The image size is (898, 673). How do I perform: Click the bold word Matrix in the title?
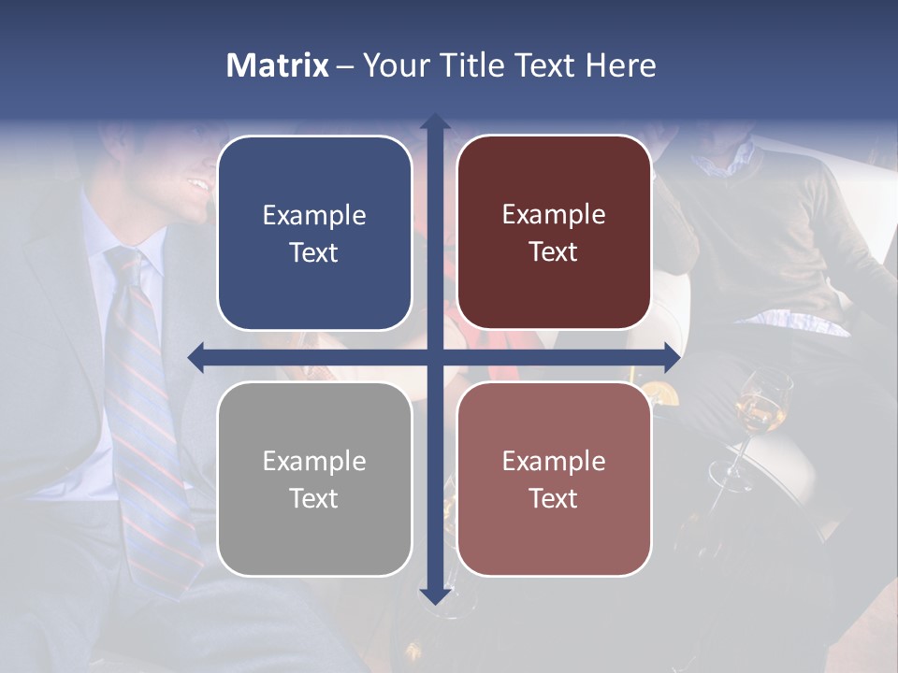(x=278, y=65)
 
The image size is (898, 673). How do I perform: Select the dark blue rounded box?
(x=314, y=233)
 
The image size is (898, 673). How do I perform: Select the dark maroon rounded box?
(x=554, y=233)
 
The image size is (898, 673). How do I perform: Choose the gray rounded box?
(x=314, y=479)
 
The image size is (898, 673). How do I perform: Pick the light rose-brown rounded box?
(x=554, y=479)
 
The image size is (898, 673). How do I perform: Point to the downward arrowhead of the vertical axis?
(x=434, y=595)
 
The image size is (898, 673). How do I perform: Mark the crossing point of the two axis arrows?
(x=434, y=356)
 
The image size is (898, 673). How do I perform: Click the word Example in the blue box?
(x=314, y=216)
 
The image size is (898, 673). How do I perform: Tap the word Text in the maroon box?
(x=554, y=252)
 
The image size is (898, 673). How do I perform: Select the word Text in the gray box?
(x=314, y=498)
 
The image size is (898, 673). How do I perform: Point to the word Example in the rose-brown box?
(x=554, y=461)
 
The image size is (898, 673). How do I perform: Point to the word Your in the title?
(x=398, y=65)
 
